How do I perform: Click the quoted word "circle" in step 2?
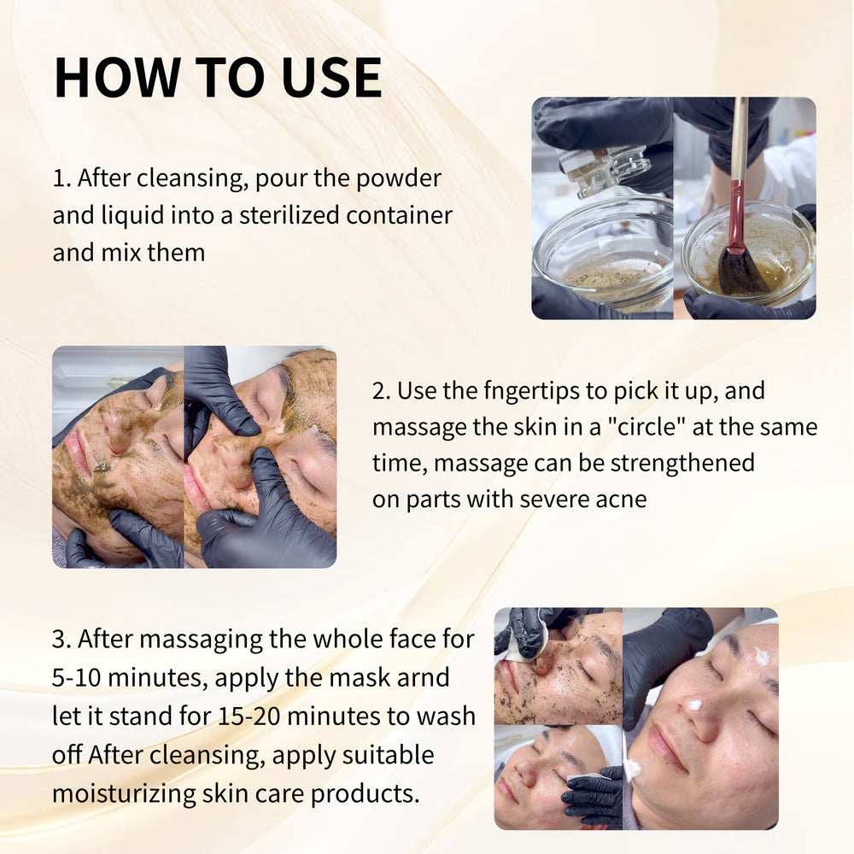point(646,427)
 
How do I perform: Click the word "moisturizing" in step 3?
point(124,794)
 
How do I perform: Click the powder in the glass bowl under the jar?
point(612,278)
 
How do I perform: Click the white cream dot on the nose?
point(694,705)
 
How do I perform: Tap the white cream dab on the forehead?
point(762,656)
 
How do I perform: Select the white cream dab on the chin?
point(632,769)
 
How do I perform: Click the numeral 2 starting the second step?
point(379,391)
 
